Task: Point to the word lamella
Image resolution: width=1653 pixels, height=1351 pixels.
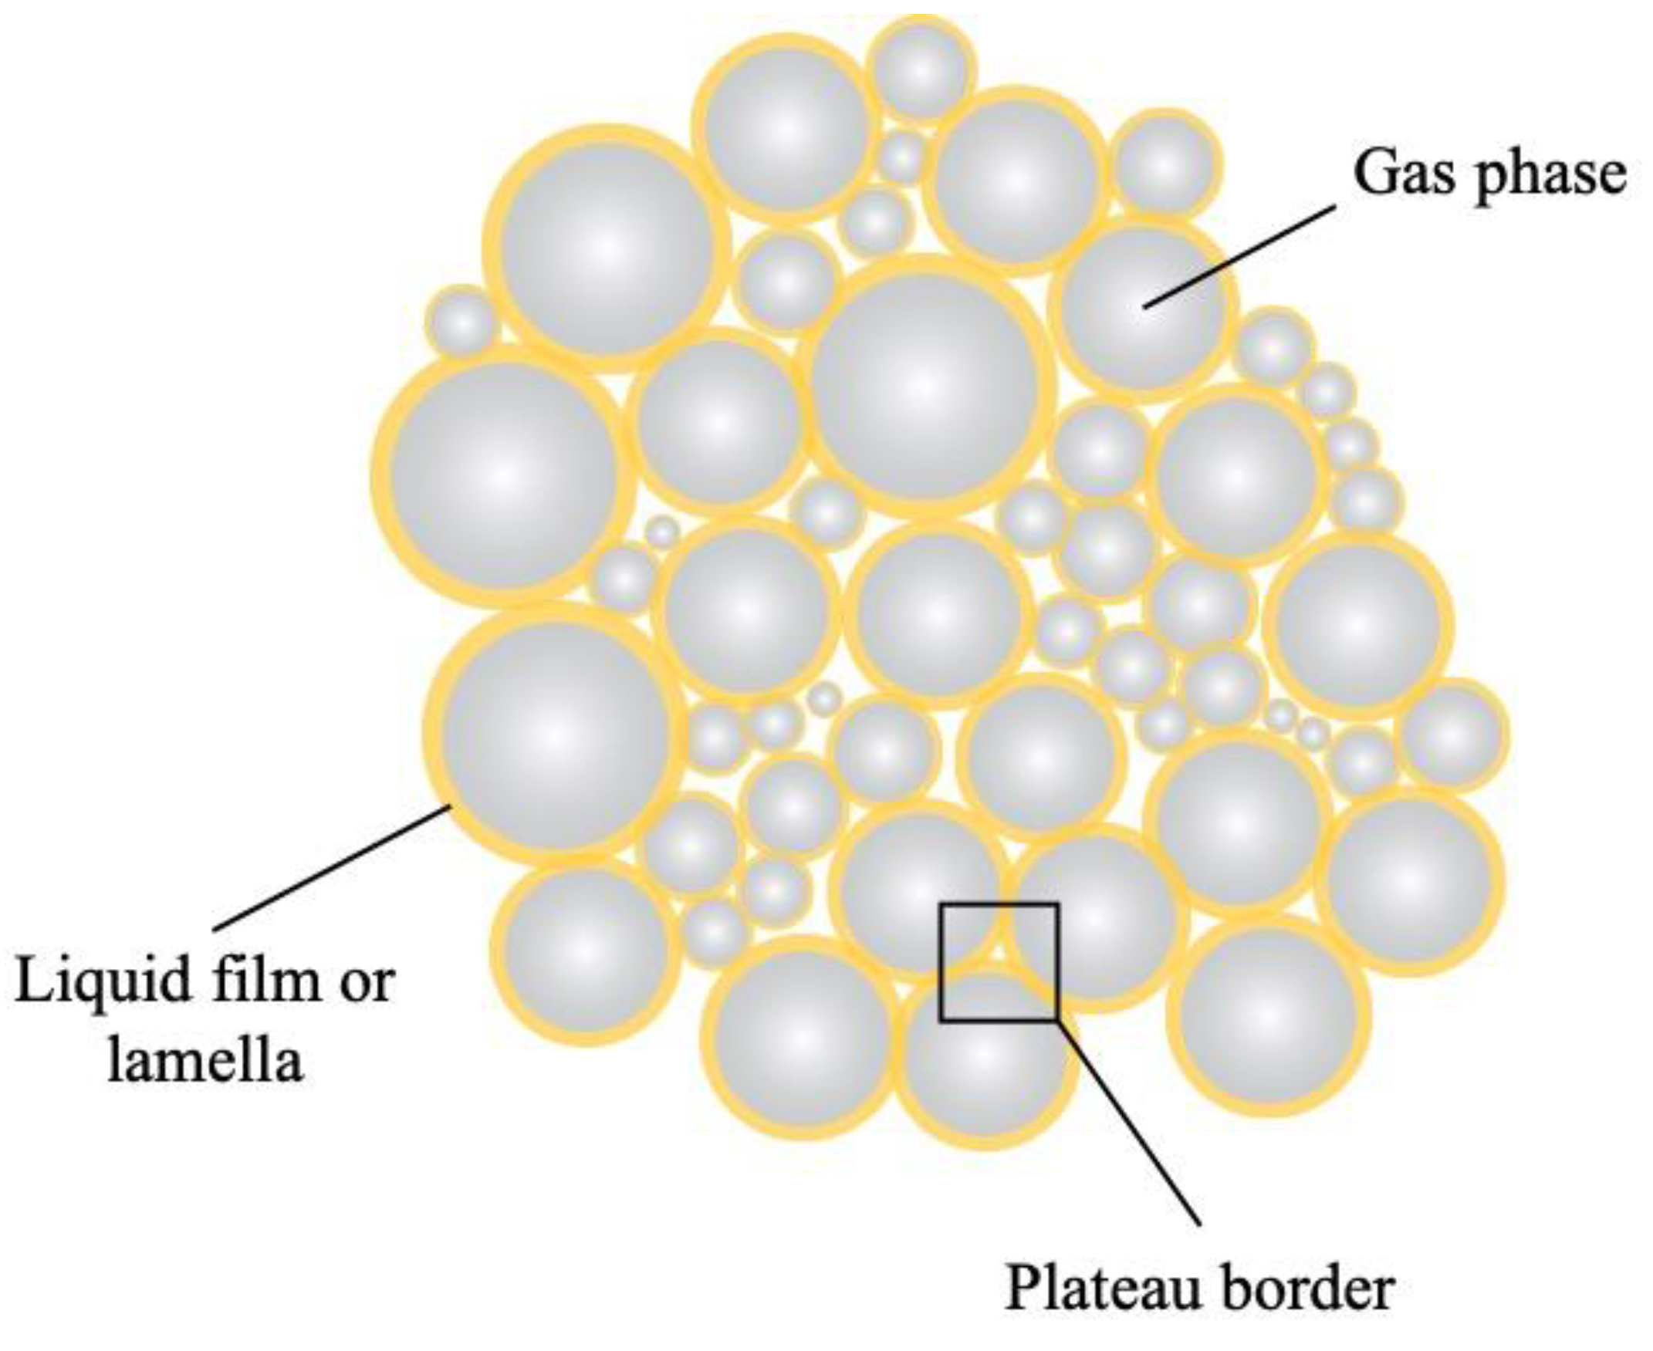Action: click(x=205, y=1059)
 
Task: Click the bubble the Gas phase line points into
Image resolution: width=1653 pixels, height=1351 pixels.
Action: click(x=1141, y=307)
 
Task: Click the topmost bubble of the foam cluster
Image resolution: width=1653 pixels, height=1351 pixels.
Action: click(x=921, y=70)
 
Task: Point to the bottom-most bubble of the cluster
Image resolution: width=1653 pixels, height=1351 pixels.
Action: click(x=985, y=1055)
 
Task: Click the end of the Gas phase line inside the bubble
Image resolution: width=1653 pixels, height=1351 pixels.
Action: click(x=1144, y=306)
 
